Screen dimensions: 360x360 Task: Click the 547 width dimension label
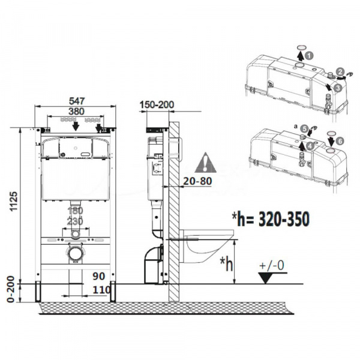point(77,101)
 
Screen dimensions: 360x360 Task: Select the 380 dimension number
point(76,112)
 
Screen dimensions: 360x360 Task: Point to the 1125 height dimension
point(14,201)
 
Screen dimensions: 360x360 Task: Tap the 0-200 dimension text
point(11,289)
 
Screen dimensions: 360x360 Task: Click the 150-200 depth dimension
point(157,104)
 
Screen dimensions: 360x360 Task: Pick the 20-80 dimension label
point(197,181)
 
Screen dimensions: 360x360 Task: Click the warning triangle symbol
point(205,163)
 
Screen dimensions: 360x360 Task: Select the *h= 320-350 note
point(271,219)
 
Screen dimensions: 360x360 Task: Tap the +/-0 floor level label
point(272,265)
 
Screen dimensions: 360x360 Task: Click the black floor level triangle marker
point(266,278)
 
